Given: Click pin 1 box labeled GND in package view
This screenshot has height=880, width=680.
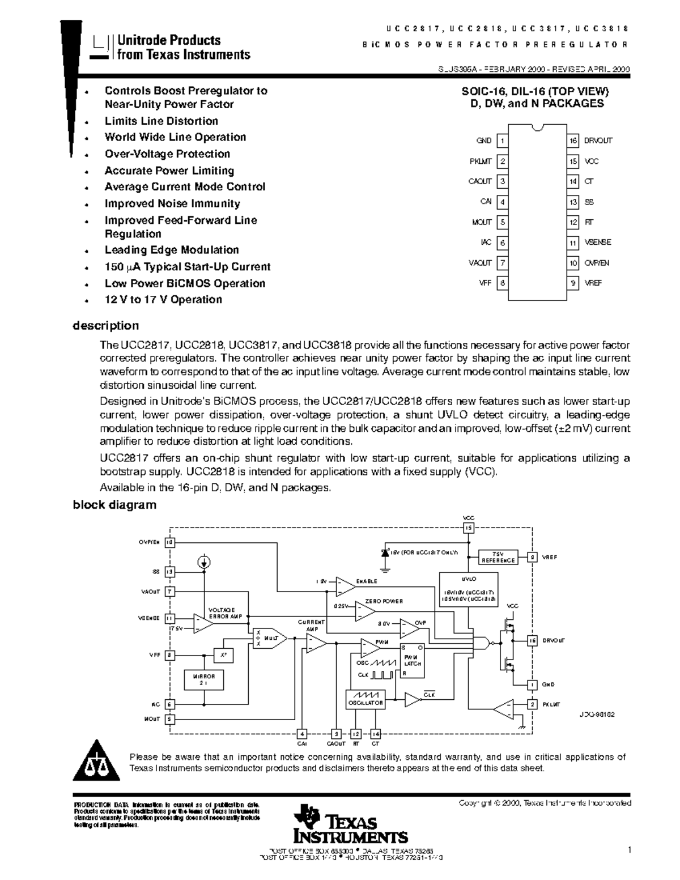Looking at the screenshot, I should pos(502,141).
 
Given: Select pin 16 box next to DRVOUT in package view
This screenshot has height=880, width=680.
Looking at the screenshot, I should pos(573,141).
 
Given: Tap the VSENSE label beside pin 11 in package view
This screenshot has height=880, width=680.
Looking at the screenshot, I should pos(598,243).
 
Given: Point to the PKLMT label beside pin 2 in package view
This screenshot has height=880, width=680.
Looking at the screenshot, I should pos(481,161).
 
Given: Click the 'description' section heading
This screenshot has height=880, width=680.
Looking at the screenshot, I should pos(105,326).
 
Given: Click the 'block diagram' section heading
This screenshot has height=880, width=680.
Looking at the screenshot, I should pos(114,505).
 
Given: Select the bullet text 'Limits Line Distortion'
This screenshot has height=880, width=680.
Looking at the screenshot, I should pos(161,121).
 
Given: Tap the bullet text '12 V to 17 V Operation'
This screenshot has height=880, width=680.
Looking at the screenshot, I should pos(163,300).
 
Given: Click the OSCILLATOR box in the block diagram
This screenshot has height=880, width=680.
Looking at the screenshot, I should pos(365,699).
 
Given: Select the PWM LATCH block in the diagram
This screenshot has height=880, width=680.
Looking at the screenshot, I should pos(412,660).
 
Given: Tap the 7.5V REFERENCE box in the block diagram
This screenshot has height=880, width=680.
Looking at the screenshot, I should pos(498,557).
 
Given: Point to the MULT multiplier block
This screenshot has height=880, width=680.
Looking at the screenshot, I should pos(269,638).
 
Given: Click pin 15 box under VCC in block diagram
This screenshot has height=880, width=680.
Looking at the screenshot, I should pos(468,528).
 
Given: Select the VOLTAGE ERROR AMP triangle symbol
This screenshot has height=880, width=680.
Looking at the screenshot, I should pos(203,622).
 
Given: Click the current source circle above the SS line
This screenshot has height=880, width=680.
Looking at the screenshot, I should pos(205,562).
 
